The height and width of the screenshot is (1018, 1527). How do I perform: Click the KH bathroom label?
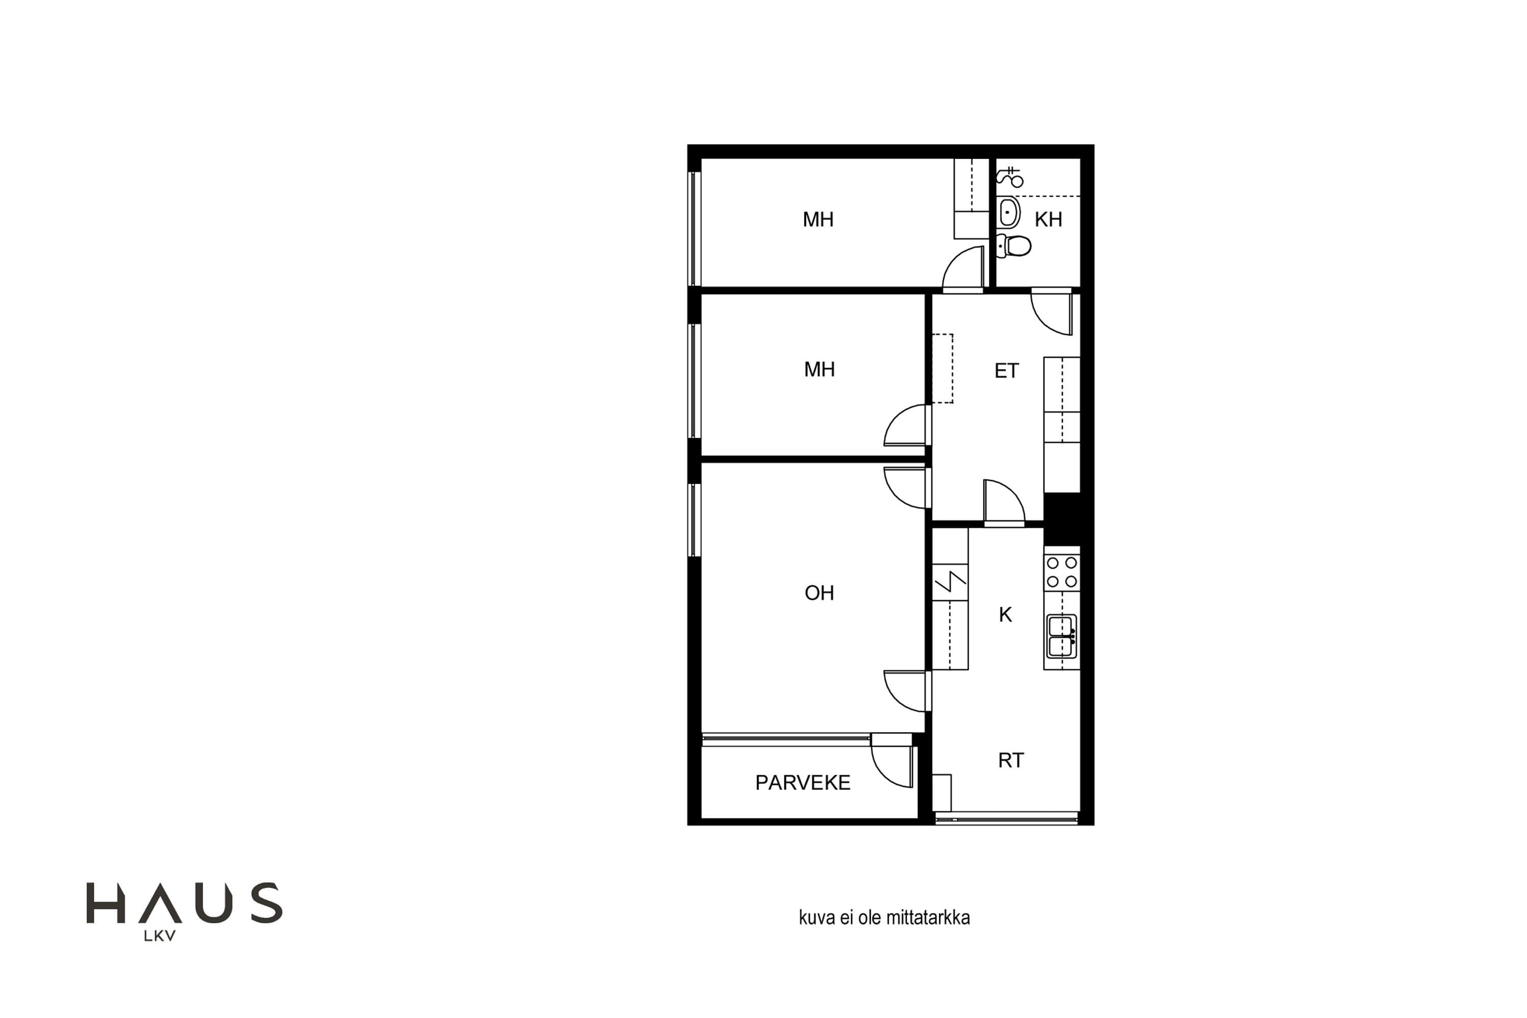(1048, 219)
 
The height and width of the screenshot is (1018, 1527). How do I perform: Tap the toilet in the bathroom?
(1013, 246)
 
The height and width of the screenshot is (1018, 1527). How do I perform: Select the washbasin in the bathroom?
(1008, 212)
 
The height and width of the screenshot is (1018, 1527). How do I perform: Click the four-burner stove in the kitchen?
(1061, 572)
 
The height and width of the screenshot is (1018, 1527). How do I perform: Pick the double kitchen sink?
(1061, 637)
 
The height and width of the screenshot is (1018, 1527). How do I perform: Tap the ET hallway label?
(1006, 371)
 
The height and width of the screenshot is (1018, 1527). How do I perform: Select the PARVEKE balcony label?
(803, 782)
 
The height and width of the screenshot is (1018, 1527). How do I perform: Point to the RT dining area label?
(1011, 760)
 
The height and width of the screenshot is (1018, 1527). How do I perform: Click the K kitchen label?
(1005, 614)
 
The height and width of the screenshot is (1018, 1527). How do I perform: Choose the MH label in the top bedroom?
(818, 219)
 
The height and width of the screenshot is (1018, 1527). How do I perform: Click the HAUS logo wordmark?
(184, 902)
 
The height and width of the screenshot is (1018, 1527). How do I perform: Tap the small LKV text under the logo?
(160, 936)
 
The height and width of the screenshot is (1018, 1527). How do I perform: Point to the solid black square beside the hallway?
(1061, 519)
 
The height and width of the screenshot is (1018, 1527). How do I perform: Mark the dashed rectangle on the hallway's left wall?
(943, 369)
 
